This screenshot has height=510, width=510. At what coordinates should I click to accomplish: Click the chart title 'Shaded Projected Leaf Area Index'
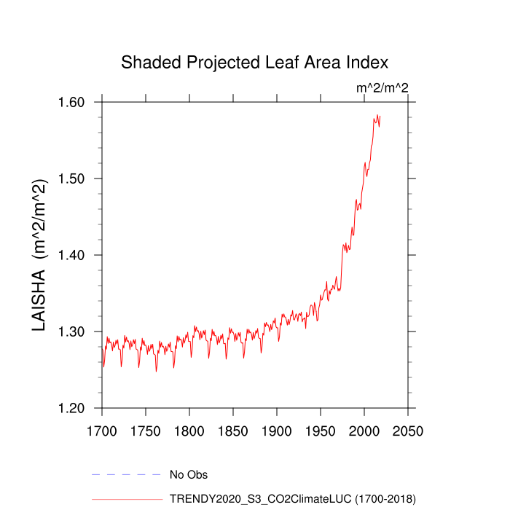[x=254, y=62]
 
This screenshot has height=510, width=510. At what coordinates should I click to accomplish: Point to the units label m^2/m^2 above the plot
[x=382, y=88]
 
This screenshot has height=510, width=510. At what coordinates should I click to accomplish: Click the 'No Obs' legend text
[x=189, y=475]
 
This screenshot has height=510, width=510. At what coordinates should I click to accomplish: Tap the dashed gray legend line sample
[x=126, y=475]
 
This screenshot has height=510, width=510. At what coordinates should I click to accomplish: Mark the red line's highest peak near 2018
[x=377, y=115]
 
